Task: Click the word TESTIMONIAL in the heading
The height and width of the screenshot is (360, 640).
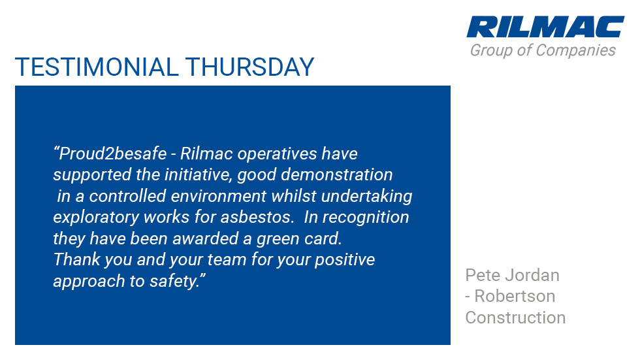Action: pyautogui.click(x=97, y=67)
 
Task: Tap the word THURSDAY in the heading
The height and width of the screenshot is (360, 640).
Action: pyautogui.click(x=249, y=67)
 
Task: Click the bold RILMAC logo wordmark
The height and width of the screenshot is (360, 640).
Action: pyautogui.click(x=545, y=27)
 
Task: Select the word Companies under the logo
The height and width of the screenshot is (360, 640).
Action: pyautogui.click(x=575, y=50)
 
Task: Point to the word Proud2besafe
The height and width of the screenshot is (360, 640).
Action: pyautogui.click(x=112, y=154)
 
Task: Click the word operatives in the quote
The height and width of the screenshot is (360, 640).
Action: pyautogui.click(x=277, y=154)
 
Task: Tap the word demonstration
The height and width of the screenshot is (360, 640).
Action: pyautogui.click(x=337, y=174)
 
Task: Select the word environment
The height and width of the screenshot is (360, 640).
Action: pyautogui.click(x=218, y=196)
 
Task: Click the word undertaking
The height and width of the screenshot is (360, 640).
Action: pyautogui.click(x=366, y=197)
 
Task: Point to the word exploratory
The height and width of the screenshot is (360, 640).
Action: pyautogui.click(x=97, y=218)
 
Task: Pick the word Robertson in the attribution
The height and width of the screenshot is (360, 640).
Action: pyautogui.click(x=515, y=297)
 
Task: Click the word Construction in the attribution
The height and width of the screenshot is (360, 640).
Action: pyautogui.click(x=515, y=318)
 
